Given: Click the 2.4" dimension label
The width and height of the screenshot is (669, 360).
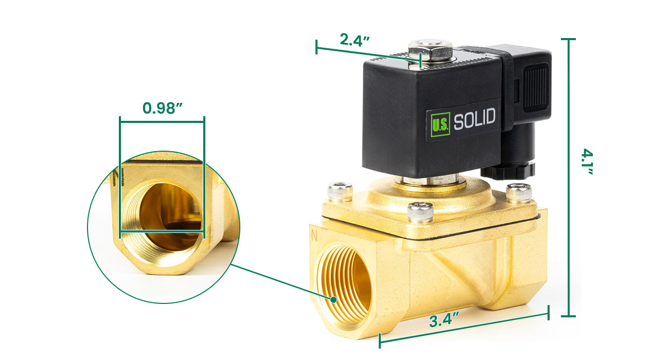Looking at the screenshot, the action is pos(355,40).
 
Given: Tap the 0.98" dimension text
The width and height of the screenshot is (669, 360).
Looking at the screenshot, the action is pos(162,108).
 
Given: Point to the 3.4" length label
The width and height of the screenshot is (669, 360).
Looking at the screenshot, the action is pos(444,320).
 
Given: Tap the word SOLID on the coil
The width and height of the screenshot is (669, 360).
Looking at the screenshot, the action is pos(474,119).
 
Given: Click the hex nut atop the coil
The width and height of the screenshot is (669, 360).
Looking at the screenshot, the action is pos(430,50).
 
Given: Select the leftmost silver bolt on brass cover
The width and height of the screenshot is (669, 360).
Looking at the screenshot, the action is pos(340,191).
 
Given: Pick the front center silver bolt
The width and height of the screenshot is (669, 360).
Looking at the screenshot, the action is pos(420,212).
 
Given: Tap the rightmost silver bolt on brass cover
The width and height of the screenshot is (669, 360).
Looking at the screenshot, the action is pos(519,193).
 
